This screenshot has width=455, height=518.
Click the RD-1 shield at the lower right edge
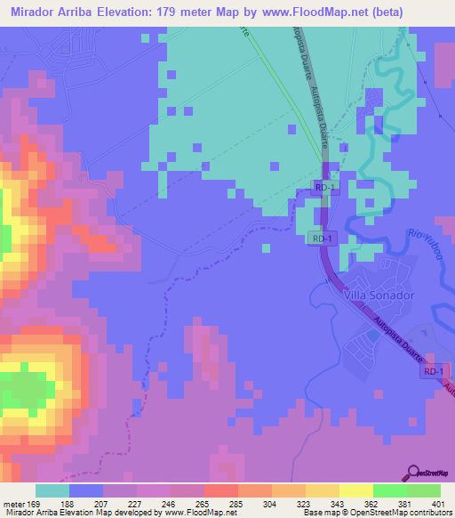(433, 371)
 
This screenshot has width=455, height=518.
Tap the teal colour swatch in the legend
(52, 490)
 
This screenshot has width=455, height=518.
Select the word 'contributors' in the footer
(429, 513)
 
